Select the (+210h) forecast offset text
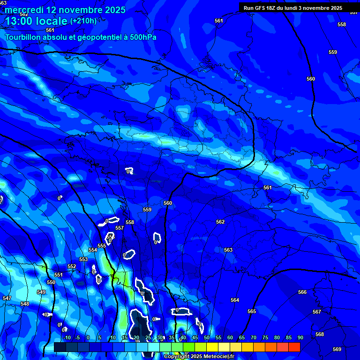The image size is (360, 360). pos(83,21)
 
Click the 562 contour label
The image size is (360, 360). pos(220,222)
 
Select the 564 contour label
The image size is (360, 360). pos(235,300)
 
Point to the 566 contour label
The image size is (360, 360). pos(302,292)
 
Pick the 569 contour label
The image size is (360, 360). pos(337,349)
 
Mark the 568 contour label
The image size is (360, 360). pos(320,334)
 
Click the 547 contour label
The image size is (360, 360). pos(7,298)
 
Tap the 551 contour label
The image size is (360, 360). pos(59,275)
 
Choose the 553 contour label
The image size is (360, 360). pos(83,259)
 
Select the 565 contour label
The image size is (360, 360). pos(252,311)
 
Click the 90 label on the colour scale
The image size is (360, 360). pos(300,337)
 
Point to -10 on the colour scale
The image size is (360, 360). pos(67,337)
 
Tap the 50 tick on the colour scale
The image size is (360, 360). pos(207,337)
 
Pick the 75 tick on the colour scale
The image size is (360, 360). pos(265,337)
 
